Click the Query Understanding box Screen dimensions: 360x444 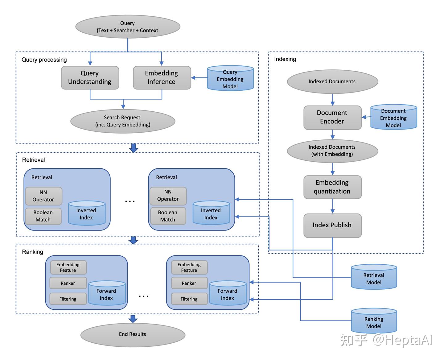tap(90, 78)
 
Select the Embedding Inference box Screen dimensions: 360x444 tap(162, 78)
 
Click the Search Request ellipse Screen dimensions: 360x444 tap(122, 121)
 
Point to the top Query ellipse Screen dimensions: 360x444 tap(127, 27)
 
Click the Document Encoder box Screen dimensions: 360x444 tap(332, 118)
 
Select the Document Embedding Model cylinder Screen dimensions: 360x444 tap(393, 117)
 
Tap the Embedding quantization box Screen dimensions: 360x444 tap(332, 187)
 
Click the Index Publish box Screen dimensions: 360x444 tap(332, 225)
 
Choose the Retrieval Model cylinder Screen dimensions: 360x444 tap(374, 277)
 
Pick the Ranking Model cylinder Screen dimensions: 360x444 tap(374, 321)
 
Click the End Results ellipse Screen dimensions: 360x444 tap(133, 334)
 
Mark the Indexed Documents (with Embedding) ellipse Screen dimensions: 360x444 tap(332, 151)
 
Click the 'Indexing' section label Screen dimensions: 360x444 tap(285, 59)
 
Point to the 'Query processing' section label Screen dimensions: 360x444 tap(44, 60)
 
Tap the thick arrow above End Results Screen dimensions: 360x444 tap(133, 319)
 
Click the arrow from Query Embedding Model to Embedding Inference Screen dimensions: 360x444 tap(199, 78)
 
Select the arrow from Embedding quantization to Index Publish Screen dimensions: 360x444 tap(332, 206)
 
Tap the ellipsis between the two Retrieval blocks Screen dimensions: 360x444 tap(130, 201)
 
